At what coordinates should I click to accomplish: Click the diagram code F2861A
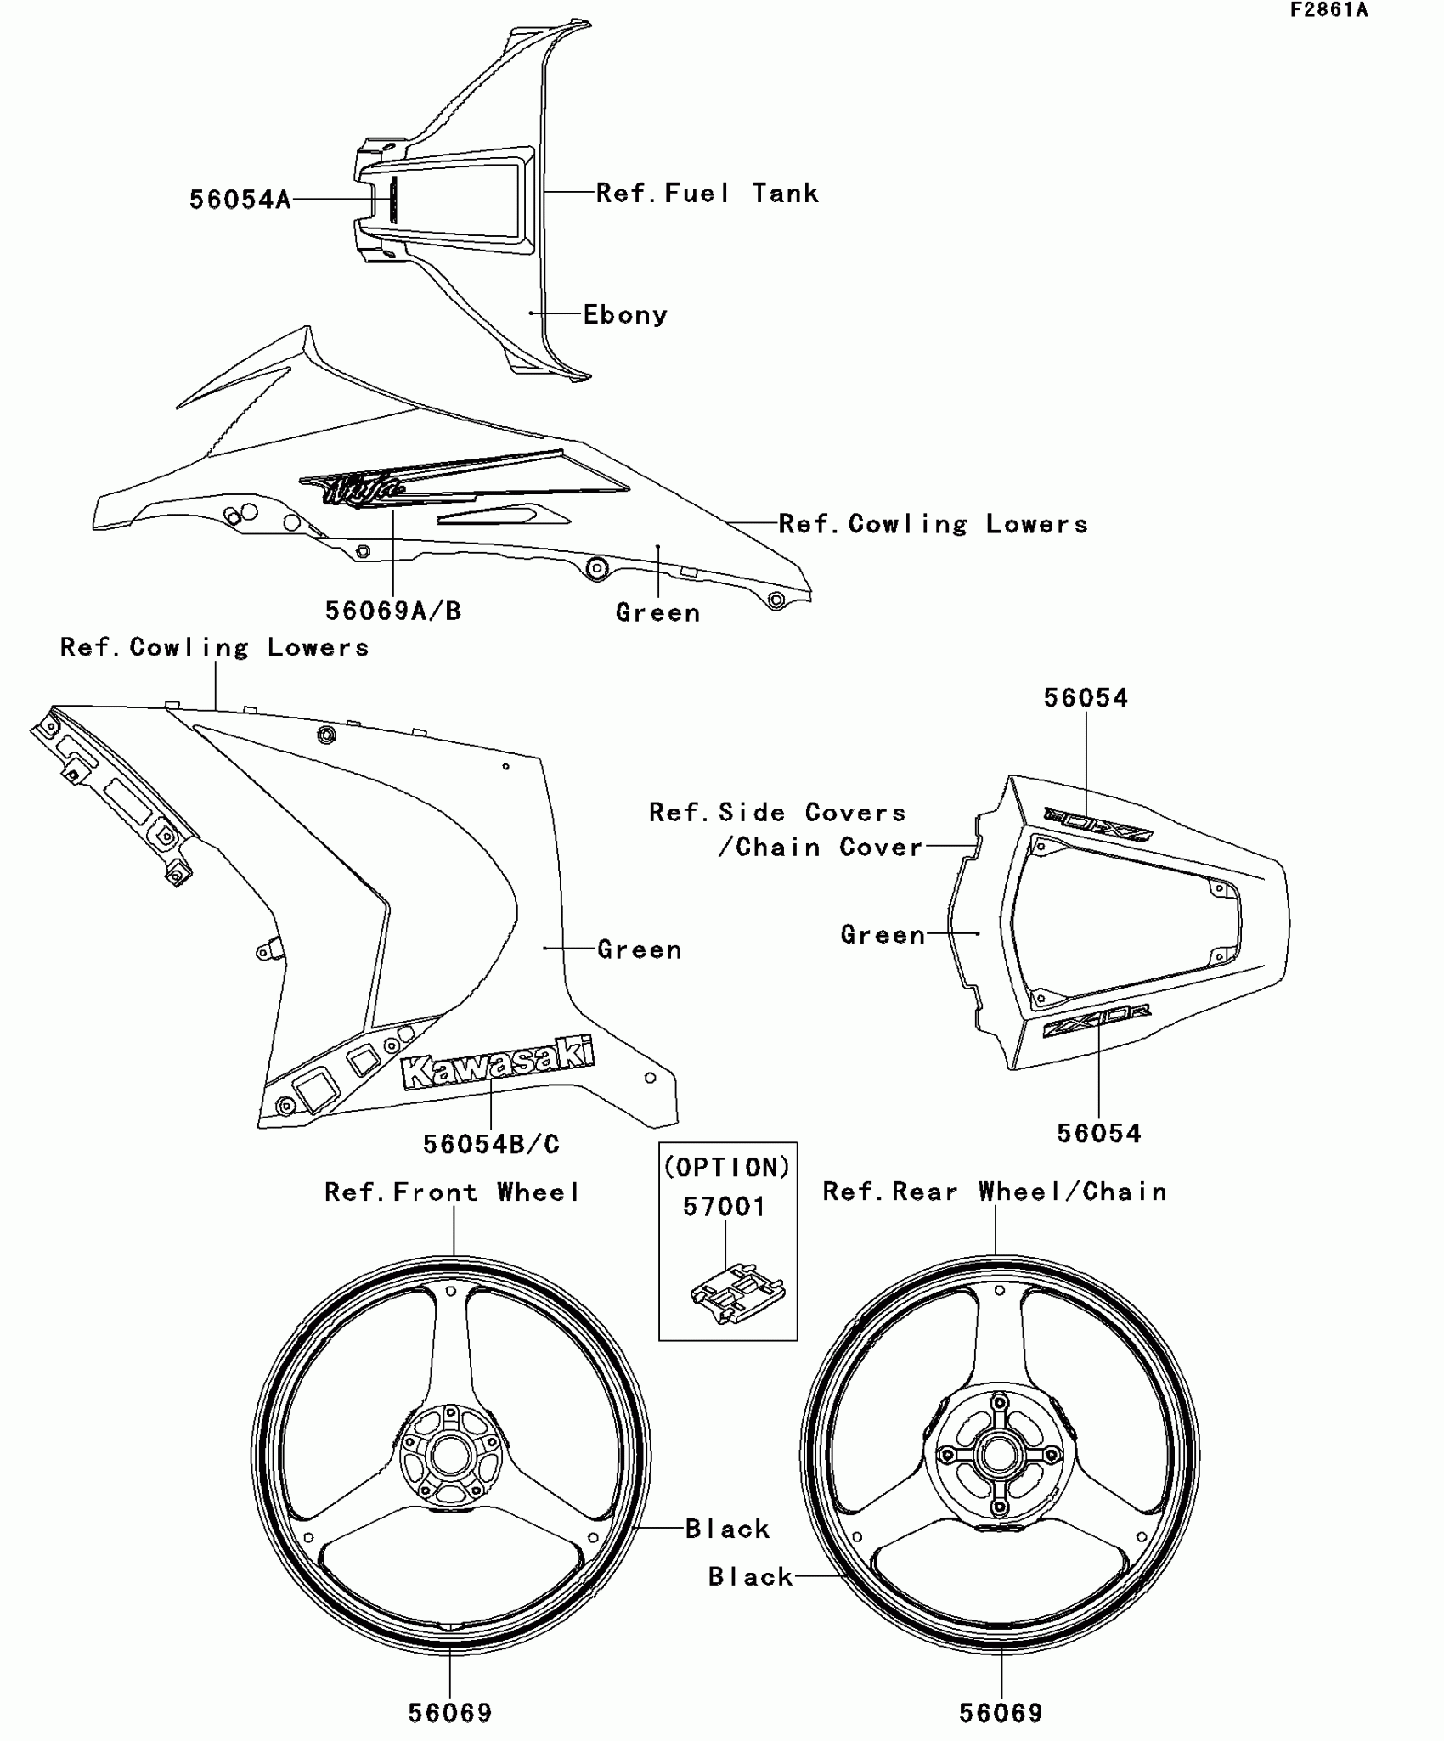[x=1328, y=10]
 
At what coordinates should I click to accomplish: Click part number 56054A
[x=240, y=200]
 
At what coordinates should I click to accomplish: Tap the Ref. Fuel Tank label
[x=707, y=194]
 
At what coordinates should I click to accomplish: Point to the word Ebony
[x=625, y=315]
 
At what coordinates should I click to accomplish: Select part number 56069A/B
[x=393, y=611]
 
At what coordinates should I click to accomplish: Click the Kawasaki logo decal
[x=497, y=1062]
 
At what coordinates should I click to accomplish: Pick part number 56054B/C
[x=491, y=1144]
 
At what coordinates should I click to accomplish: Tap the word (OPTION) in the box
[x=727, y=1168]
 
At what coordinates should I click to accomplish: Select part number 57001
[x=725, y=1207]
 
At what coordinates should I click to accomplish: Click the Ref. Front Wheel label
[x=452, y=1192]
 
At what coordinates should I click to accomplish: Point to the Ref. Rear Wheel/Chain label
[x=995, y=1192]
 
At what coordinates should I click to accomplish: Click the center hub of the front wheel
[x=450, y=1457]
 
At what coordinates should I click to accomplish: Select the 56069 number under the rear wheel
[x=1001, y=1713]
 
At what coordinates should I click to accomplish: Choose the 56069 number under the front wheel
[x=450, y=1713]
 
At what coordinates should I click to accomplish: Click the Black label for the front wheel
[x=727, y=1529]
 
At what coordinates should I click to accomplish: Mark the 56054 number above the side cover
[x=1086, y=698]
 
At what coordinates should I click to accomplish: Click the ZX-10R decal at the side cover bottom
[x=1097, y=1020]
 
